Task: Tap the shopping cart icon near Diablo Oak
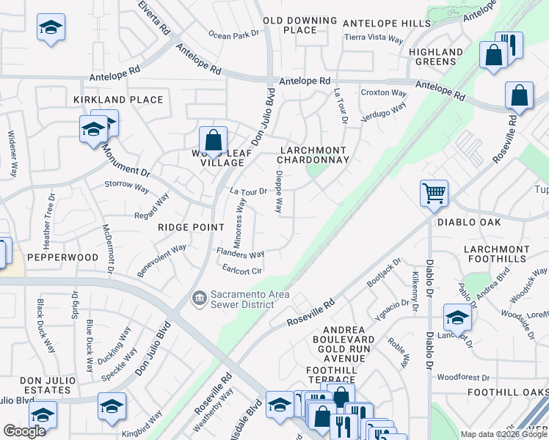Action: [x=434, y=194]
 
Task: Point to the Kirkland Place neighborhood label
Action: [x=118, y=100]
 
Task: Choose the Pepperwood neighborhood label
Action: [x=62, y=258]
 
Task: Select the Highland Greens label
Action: [x=436, y=57]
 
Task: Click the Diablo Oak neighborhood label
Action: [x=468, y=222]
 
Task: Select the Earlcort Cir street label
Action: [x=242, y=270]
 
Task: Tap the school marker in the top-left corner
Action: [x=51, y=29]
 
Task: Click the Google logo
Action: [x=24, y=431]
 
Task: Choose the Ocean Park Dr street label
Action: [x=233, y=34]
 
